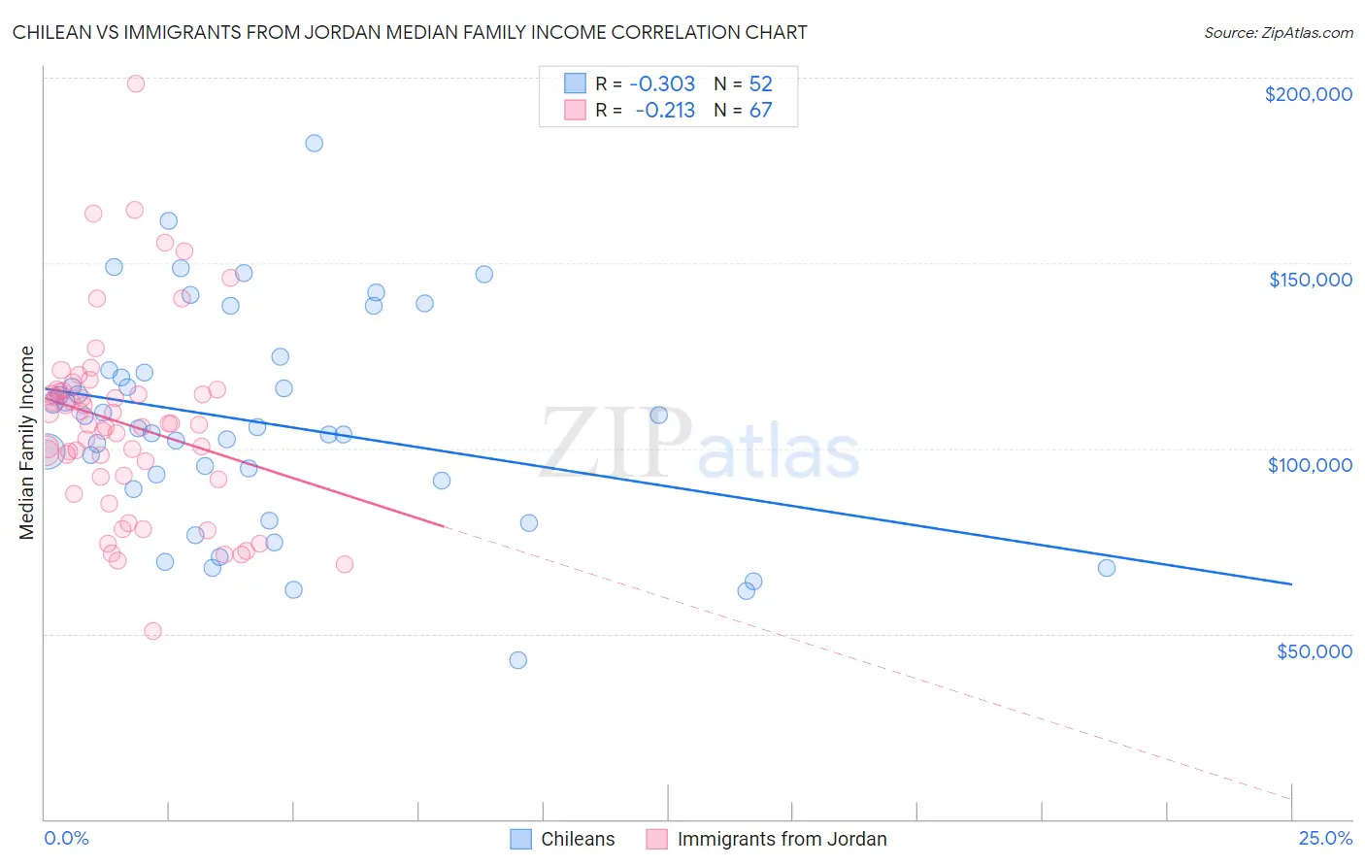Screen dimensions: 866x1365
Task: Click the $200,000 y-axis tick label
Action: coord(1308,94)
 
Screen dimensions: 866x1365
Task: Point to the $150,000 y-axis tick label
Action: coord(1310,280)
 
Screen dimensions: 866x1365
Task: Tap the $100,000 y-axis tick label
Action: coord(1310,465)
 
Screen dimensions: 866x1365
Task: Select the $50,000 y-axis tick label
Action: coord(1314,650)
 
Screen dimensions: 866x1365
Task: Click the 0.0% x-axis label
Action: coord(66,839)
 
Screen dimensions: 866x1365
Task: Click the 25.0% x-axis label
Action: coord(1325,839)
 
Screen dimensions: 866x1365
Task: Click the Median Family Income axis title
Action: coord(27,443)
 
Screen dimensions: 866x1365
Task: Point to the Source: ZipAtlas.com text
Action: coord(1278,32)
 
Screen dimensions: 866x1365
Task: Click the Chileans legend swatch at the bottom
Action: coord(521,839)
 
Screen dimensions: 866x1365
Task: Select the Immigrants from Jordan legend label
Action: coord(782,839)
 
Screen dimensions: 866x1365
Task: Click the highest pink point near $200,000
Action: coord(136,83)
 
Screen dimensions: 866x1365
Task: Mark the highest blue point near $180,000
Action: coord(315,143)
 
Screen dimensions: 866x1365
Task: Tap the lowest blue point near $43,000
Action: coord(518,660)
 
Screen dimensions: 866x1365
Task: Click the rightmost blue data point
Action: coord(1107,568)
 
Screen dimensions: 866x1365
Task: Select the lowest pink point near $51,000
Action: coord(152,631)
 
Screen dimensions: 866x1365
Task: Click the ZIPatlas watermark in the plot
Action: coord(699,445)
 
